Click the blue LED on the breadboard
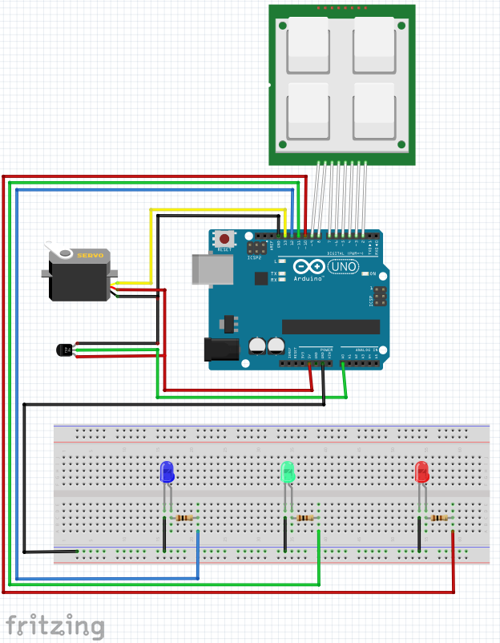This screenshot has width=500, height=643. [x=167, y=472]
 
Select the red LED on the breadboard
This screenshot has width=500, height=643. [x=422, y=472]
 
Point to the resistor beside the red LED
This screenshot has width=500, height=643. [x=440, y=518]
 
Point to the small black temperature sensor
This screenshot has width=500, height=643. [x=63, y=350]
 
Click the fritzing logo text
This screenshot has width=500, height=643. [x=55, y=625]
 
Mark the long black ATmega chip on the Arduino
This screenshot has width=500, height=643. [x=330, y=326]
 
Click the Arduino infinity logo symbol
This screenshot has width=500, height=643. [x=308, y=266]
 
